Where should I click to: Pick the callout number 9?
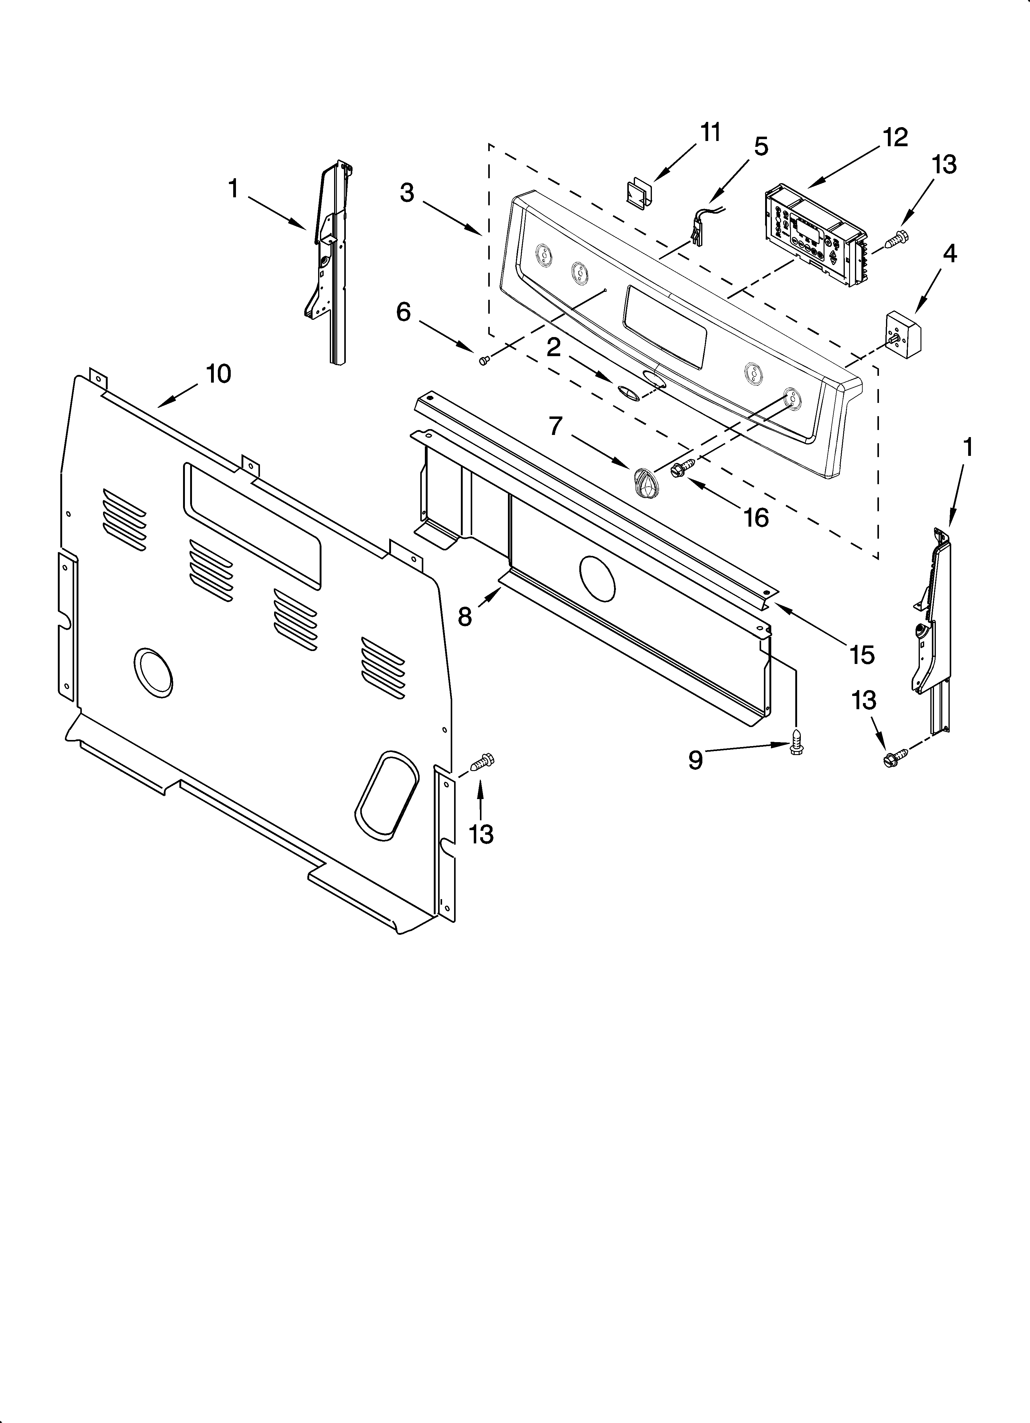click(695, 760)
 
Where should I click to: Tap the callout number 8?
click(464, 617)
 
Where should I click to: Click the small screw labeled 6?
click(483, 360)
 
